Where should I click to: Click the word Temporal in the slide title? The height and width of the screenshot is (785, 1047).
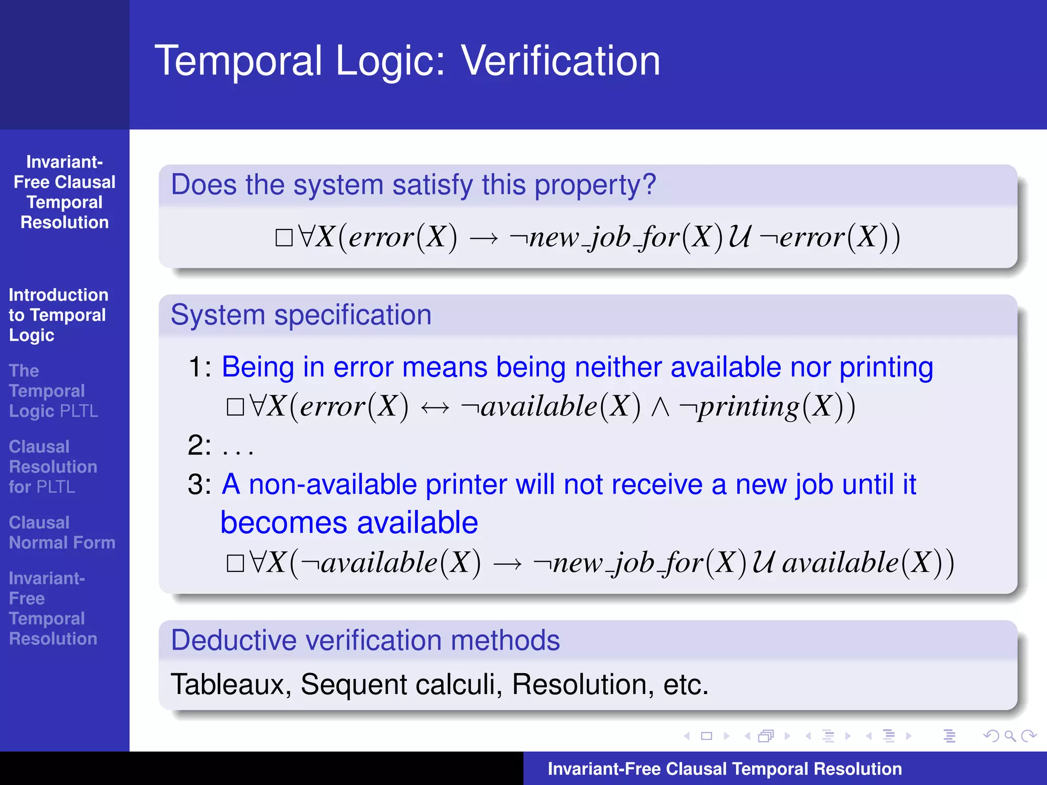pyautogui.click(x=238, y=61)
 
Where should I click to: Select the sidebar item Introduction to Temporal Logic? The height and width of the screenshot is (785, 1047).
pyautogui.click(x=58, y=315)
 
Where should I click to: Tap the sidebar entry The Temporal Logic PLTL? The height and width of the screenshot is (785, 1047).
pyautogui.click(x=53, y=391)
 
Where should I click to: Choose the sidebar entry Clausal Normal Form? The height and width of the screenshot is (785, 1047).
pyautogui.click(x=62, y=533)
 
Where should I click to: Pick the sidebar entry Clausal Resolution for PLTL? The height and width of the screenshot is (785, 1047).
pyautogui.click(x=53, y=467)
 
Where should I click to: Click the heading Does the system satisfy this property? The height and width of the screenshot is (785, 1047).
pyautogui.click(x=413, y=184)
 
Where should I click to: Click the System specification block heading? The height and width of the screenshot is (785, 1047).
pyautogui.click(x=301, y=315)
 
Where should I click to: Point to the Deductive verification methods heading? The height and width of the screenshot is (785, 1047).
pyautogui.click(x=365, y=640)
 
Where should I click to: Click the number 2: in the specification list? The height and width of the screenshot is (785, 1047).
pyautogui.click(x=199, y=445)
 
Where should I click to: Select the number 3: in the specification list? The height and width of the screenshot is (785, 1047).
pyautogui.click(x=199, y=484)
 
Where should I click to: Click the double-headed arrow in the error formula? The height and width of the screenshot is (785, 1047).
pyautogui.click(x=435, y=408)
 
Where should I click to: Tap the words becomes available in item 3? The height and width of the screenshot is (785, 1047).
pyautogui.click(x=349, y=523)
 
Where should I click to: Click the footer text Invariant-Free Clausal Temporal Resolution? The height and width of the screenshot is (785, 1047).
pyautogui.click(x=724, y=769)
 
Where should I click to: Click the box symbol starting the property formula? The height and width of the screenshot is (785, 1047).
pyautogui.click(x=284, y=238)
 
